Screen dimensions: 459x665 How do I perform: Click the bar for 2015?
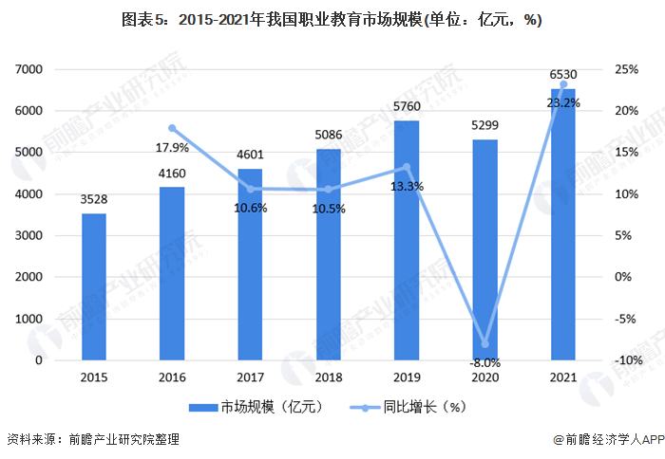[94, 286]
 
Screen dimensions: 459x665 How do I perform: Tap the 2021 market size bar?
[563, 224]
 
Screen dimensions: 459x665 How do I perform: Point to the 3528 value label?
[94, 199]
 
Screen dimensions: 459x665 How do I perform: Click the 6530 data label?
[563, 74]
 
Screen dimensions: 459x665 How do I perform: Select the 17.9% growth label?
[172, 147]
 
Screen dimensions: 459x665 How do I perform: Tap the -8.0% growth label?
[484, 362]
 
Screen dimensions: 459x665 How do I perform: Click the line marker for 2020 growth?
[484, 343]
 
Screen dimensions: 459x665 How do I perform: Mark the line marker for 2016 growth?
[172, 128]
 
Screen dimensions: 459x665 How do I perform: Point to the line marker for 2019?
[407, 167]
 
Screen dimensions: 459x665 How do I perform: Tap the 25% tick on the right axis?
[626, 69]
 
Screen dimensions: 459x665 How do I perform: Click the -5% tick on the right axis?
[626, 319]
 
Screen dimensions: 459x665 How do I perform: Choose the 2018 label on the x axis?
[329, 377]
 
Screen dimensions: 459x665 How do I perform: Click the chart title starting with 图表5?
[332, 19]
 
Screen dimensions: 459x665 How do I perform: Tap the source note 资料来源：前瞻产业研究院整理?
[92, 440]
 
